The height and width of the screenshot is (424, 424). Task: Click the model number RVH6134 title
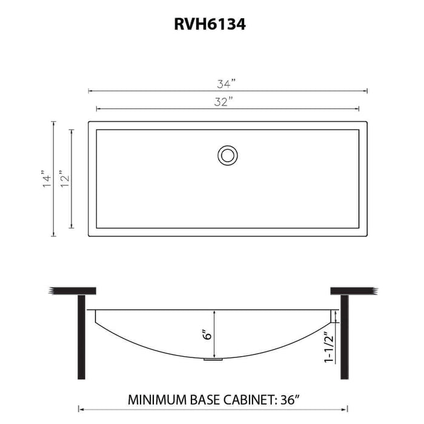[x=212, y=25]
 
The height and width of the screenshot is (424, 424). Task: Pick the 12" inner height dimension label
[x=65, y=179]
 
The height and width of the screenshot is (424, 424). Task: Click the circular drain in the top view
[x=228, y=154]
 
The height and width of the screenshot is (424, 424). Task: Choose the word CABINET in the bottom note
[x=246, y=400]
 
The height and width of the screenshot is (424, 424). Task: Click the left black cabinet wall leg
[x=81, y=336]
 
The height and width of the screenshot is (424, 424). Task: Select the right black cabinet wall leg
[x=342, y=336]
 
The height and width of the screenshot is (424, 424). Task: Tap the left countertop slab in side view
[x=73, y=291]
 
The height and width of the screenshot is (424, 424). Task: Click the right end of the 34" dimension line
[x=367, y=91]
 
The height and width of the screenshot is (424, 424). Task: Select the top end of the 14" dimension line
[x=54, y=122]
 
